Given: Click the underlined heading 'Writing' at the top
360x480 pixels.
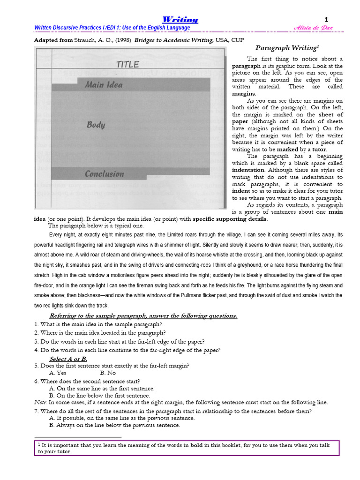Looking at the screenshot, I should (x=180, y=19).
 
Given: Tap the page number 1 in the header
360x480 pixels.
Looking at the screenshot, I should (x=327, y=19).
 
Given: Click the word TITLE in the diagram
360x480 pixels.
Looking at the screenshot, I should (x=127, y=65).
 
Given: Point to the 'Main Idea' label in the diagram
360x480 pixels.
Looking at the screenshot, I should (x=104, y=85).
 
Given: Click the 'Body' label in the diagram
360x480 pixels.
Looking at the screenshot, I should (x=96, y=125).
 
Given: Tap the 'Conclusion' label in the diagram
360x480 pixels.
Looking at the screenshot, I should (x=104, y=174).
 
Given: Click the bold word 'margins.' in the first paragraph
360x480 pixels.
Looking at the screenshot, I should (x=244, y=94).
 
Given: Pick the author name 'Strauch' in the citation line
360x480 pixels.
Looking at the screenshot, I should (x=85, y=40).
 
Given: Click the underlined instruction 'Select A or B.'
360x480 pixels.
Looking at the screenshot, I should (x=68, y=359).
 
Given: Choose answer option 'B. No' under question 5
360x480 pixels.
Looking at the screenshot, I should (x=108, y=373).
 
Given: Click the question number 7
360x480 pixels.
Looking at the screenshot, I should (x=36, y=411).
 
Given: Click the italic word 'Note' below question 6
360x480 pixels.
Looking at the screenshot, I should (x=40, y=402).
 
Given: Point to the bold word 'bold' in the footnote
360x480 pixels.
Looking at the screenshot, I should (x=196, y=445).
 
